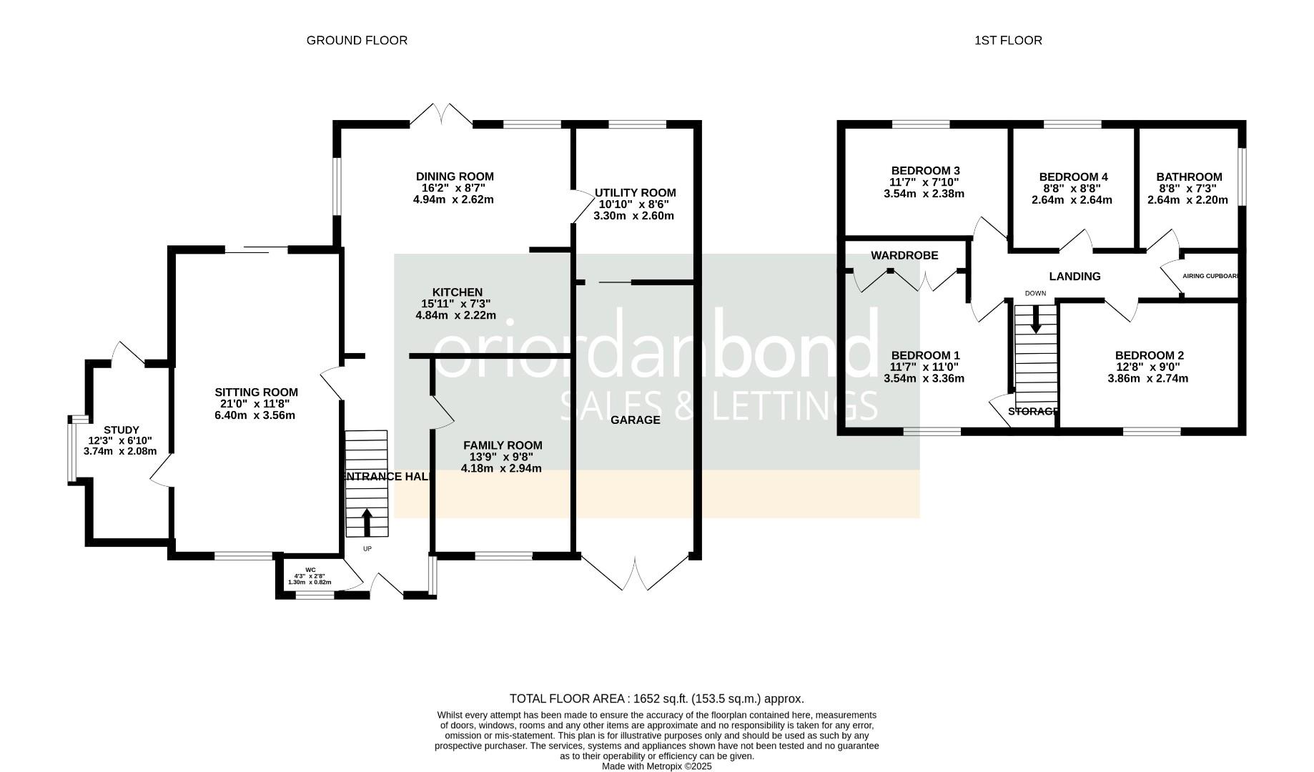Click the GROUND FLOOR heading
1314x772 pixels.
click(357, 41)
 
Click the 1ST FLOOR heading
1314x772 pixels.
click(1008, 41)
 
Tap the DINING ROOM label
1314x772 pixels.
click(455, 177)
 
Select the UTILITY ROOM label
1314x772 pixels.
click(635, 193)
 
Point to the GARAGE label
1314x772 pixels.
click(635, 420)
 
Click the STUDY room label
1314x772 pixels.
click(122, 430)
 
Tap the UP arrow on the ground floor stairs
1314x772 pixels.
click(367, 522)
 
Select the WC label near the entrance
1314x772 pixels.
click(310, 570)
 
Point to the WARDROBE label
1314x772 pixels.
click(904, 255)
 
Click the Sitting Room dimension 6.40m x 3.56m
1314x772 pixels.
click(255, 415)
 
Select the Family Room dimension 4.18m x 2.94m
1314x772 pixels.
click(501, 469)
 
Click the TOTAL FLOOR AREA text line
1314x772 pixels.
click(656, 699)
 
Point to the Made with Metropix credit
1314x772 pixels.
click(656, 766)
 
